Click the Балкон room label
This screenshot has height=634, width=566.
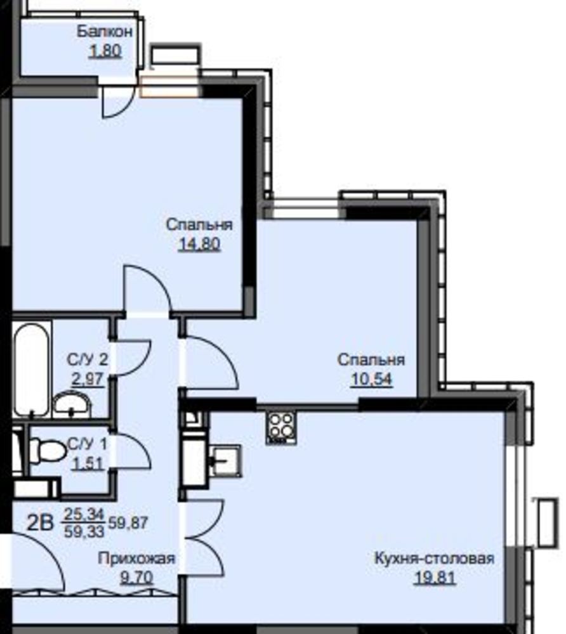tap(105, 31)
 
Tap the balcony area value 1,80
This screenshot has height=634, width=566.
tap(105, 51)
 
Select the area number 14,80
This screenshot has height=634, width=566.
tap(199, 244)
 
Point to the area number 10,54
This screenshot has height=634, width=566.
tap(371, 379)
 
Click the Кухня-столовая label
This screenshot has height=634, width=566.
tap(435, 559)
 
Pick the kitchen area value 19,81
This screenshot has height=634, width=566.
tap(435, 578)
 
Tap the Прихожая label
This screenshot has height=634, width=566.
tap(137, 559)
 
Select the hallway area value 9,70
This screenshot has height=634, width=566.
tap(137, 578)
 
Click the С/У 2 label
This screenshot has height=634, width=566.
tap(88, 359)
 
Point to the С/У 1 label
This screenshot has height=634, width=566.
tap(88, 444)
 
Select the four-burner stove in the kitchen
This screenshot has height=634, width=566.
tap(281, 427)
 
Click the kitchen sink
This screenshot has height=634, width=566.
tap(225, 462)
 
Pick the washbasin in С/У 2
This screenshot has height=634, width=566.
tap(72, 404)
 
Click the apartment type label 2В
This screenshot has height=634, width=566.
tap(40, 522)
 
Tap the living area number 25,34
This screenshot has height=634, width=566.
tap(84, 514)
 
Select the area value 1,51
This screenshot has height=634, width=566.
tap(88, 463)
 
